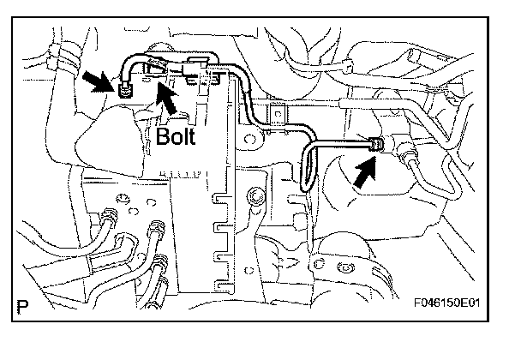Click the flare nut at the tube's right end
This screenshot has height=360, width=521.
375,147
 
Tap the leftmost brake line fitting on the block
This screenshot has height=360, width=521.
109,213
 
